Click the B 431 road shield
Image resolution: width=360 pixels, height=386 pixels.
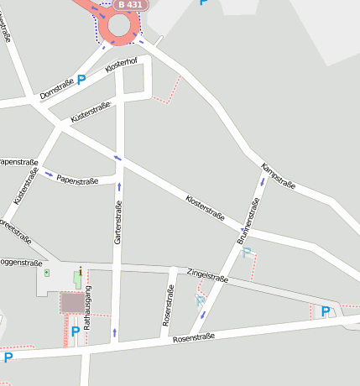131,5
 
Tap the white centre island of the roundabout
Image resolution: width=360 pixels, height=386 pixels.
119,25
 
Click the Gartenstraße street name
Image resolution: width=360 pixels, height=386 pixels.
118,222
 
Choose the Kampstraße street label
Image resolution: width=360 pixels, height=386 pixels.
279,177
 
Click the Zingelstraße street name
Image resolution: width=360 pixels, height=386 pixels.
208,274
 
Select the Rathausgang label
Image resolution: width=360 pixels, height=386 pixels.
87,306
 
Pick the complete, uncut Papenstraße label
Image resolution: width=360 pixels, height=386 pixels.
77,180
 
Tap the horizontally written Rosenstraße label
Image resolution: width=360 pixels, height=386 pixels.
194,337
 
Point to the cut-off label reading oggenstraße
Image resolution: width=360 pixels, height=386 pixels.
21,263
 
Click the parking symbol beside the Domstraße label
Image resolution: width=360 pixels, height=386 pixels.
81,80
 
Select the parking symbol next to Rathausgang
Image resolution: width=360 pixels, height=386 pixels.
76,331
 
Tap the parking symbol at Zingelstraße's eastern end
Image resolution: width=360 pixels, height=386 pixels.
326,311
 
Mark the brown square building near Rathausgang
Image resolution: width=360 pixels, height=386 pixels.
72,303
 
